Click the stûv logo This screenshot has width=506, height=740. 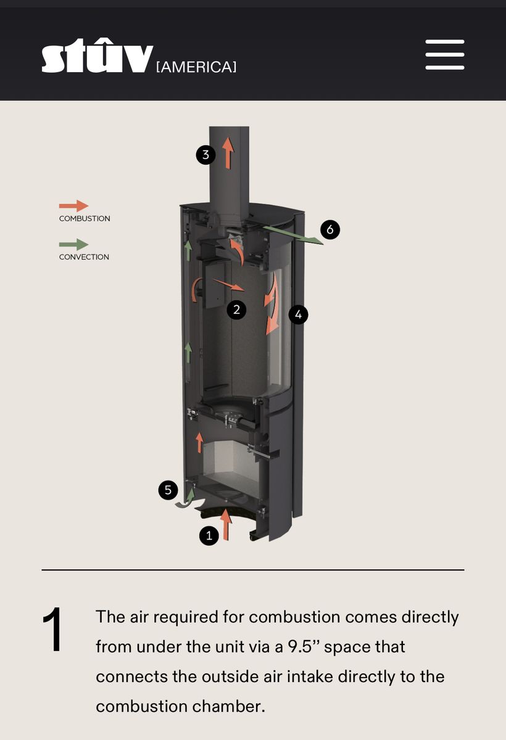(97, 55)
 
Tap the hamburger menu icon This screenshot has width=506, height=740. (445, 55)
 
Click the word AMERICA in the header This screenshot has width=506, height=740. (196, 67)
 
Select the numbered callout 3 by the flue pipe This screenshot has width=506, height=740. (205, 155)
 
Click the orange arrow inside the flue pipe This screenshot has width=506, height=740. (228, 154)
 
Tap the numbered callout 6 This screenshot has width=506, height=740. (330, 229)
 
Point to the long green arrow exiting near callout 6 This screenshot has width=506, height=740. (293, 235)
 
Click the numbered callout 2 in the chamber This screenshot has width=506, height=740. (236, 310)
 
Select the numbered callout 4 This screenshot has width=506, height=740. (298, 314)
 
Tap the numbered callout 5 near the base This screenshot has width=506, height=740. (168, 490)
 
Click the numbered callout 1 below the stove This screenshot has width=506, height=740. (209, 535)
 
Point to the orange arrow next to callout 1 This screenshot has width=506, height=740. (226, 524)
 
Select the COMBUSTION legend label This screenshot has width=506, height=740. (85, 219)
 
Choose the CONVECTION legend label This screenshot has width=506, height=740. (84, 257)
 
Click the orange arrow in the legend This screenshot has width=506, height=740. (73, 206)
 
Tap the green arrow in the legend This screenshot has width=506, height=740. (73, 244)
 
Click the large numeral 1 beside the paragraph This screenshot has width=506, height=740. (53, 630)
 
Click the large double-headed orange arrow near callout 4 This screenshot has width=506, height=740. (272, 303)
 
